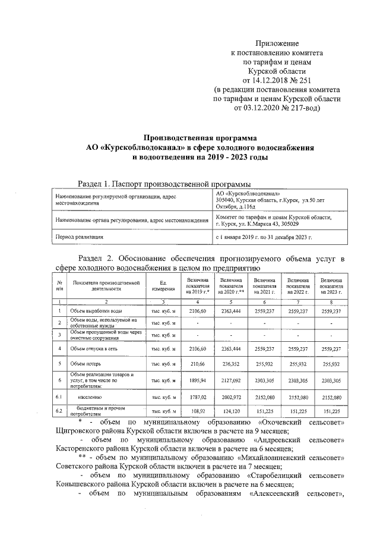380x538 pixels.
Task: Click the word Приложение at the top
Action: pos(277,43)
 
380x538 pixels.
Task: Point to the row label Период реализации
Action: pos(79,237)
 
